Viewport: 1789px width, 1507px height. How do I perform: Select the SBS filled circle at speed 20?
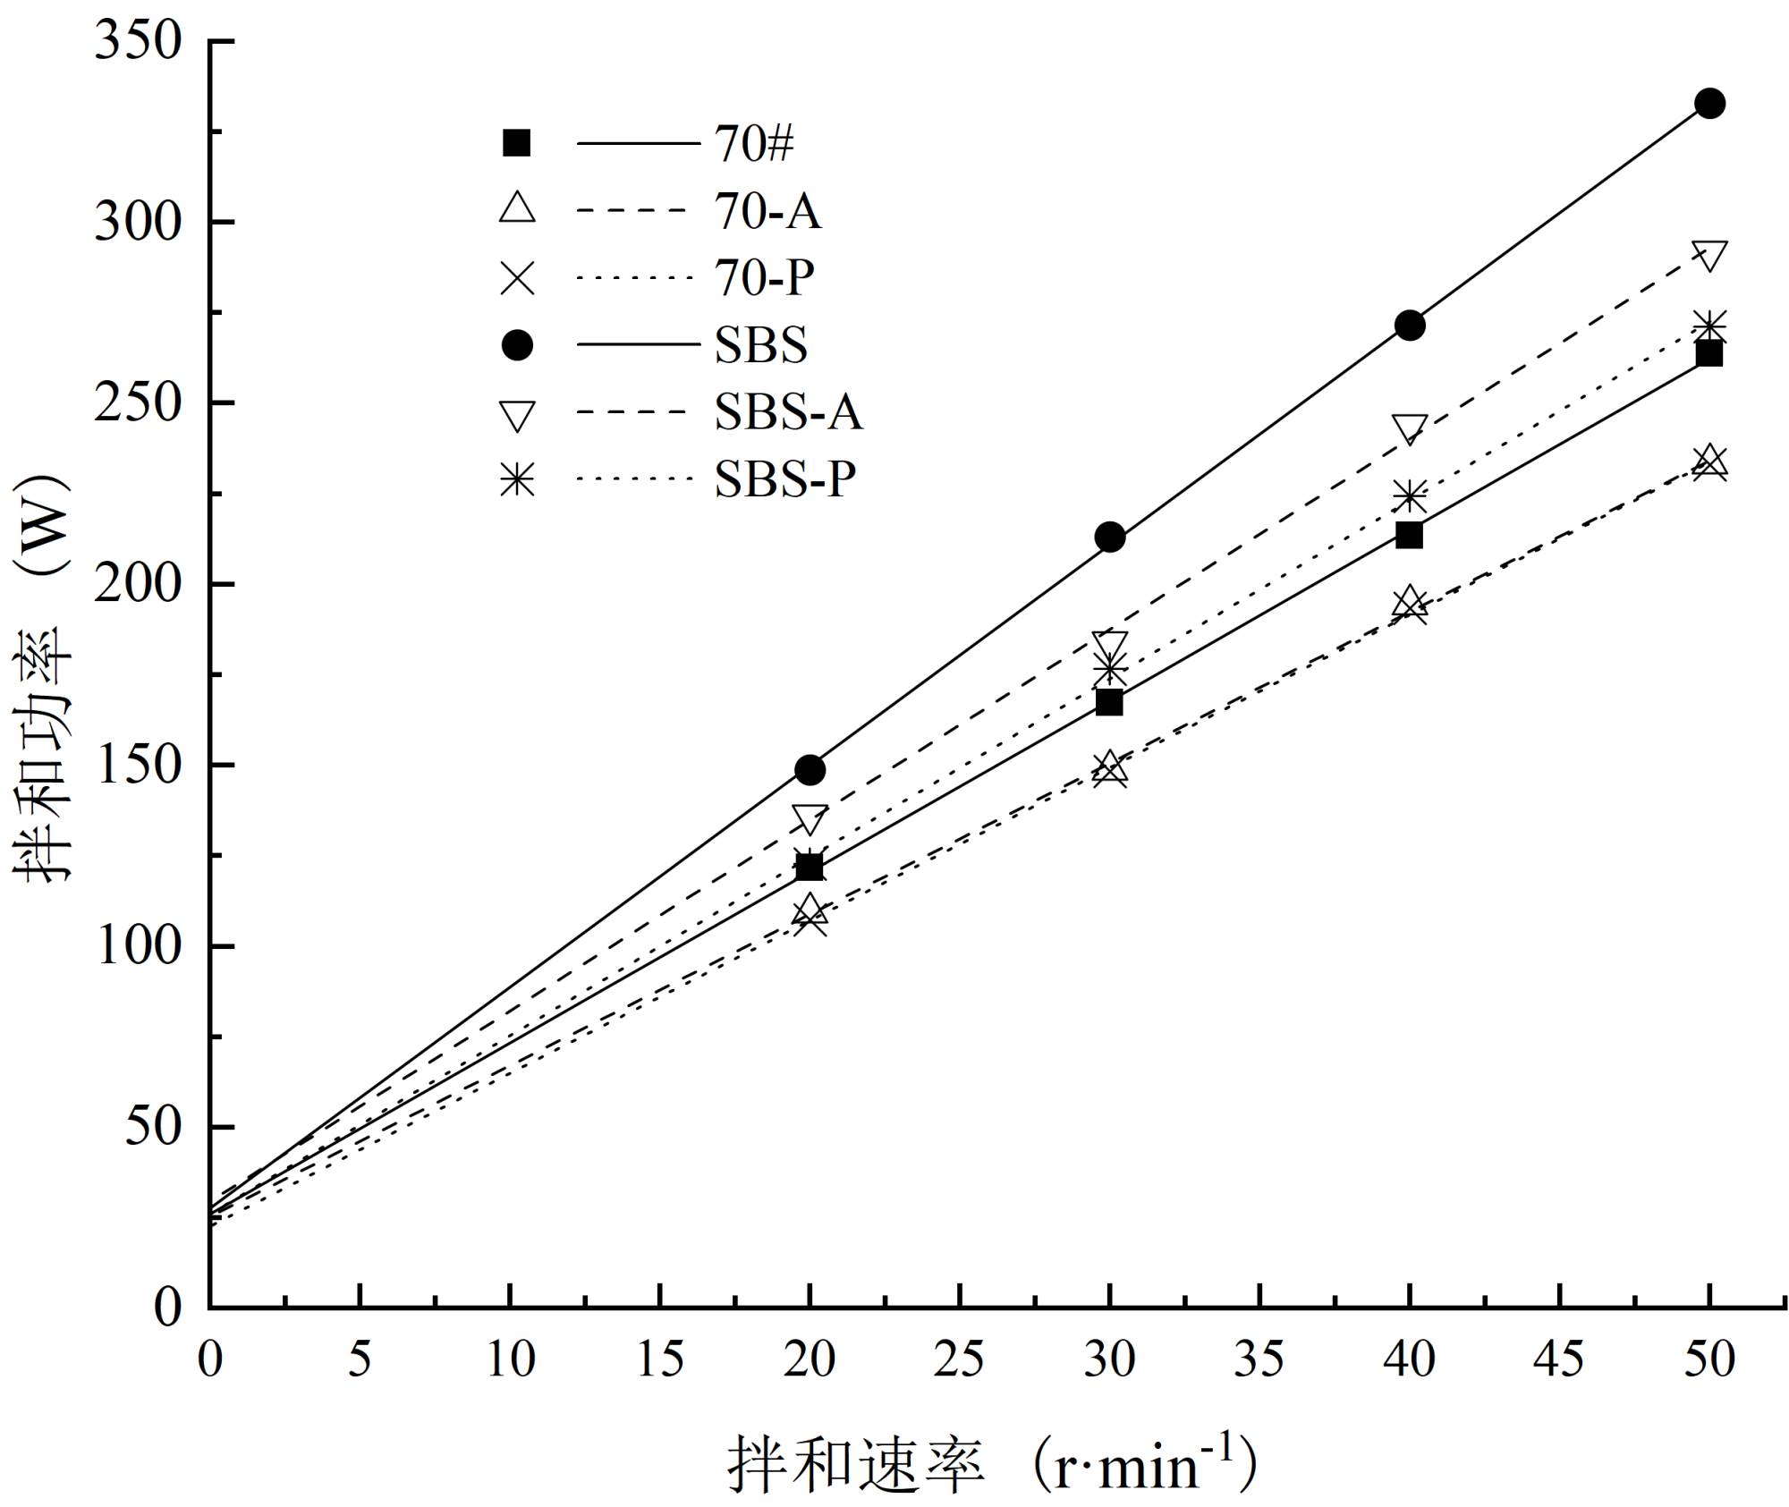[810, 770]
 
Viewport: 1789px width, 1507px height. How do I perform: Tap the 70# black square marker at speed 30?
[1109, 703]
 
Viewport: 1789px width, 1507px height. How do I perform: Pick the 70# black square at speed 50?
[1708, 354]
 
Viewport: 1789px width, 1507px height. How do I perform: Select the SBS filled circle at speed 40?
[1410, 326]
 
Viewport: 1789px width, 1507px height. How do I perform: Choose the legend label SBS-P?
[784, 480]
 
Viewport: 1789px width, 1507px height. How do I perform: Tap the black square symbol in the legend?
[517, 144]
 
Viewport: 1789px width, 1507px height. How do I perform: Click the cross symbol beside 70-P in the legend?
[517, 278]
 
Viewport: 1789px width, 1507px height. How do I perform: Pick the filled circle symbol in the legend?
[517, 346]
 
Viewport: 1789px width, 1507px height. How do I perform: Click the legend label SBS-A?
[788, 413]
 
